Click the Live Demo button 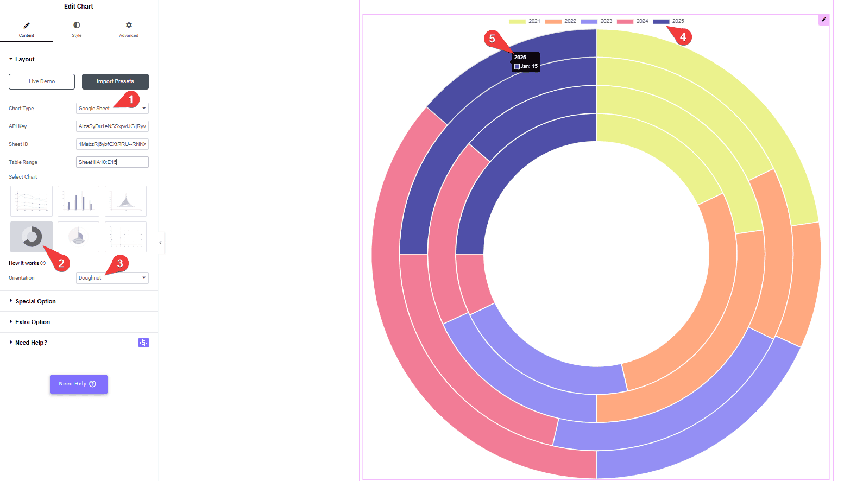[42, 81]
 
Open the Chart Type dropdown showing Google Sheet [112, 109]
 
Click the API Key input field [112, 126]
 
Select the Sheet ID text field [112, 144]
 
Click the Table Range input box [112, 162]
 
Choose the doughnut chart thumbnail [32, 237]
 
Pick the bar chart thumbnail [78, 201]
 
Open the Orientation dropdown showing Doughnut [112, 278]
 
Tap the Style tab [77, 29]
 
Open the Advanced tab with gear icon [129, 29]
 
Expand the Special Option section [35, 301]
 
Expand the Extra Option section [33, 322]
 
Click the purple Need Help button [78, 384]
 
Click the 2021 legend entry [525, 21]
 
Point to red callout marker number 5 [492, 39]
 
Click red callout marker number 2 [61, 263]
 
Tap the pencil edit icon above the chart [824, 20]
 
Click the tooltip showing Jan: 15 [525, 62]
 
